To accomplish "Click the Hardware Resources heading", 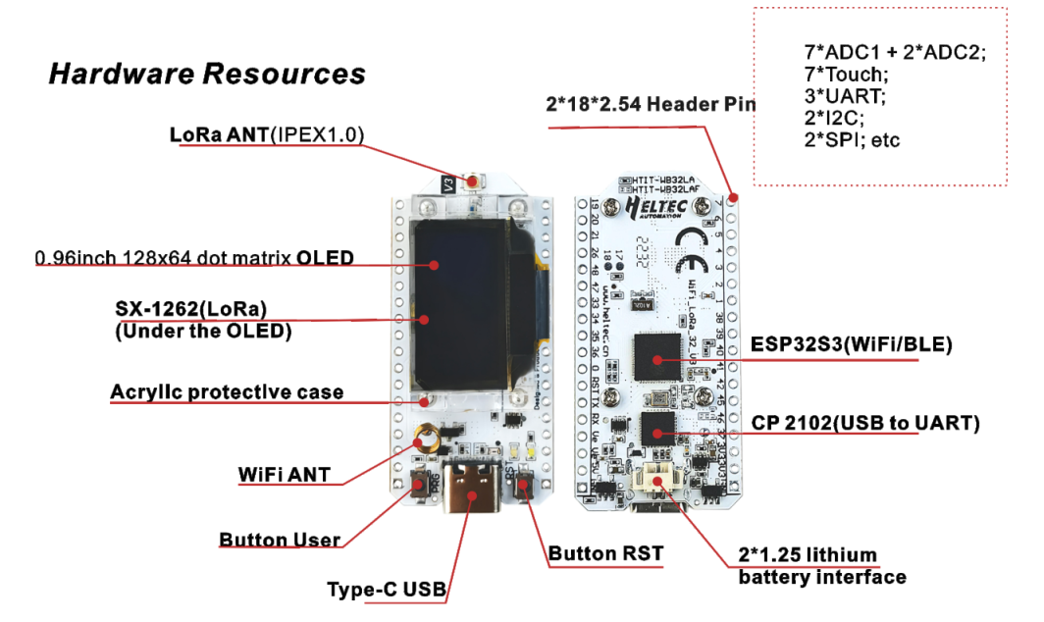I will tap(207, 74).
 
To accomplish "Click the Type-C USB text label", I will tap(387, 590).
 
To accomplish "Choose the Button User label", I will tap(280, 540).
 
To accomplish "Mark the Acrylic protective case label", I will tap(227, 392).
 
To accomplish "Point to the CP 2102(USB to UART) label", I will tap(865, 423).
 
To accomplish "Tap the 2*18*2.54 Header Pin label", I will tap(651, 103).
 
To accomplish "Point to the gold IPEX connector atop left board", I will tap(476, 181).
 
